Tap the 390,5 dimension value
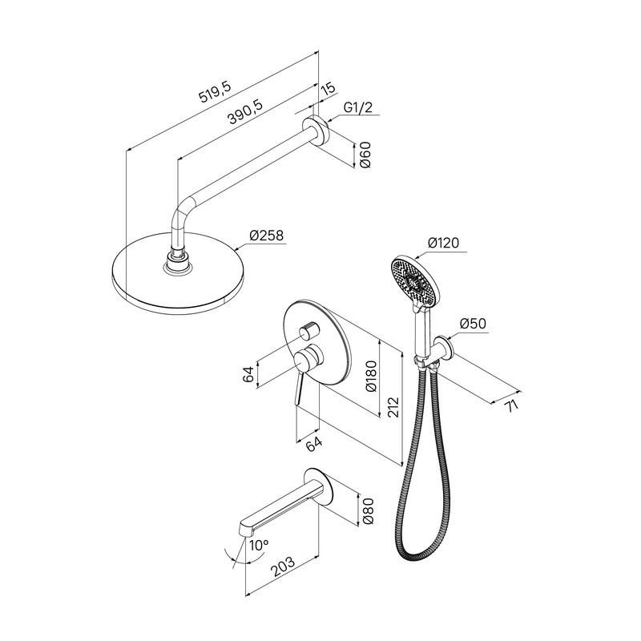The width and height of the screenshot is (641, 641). (245, 111)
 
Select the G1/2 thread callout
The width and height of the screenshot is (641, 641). (358, 108)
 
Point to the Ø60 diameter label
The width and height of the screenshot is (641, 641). (365, 155)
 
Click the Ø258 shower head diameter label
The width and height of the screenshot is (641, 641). (267, 236)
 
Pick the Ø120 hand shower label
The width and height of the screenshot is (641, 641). (444, 243)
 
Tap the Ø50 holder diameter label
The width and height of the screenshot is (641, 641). (473, 324)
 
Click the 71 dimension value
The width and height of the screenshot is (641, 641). (511, 406)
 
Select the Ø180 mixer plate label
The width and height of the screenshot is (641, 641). (371, 376)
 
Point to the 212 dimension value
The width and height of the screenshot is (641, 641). (393, 407)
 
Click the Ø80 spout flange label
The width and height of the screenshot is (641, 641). (368, 511)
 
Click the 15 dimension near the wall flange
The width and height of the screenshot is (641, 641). (329, 89)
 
